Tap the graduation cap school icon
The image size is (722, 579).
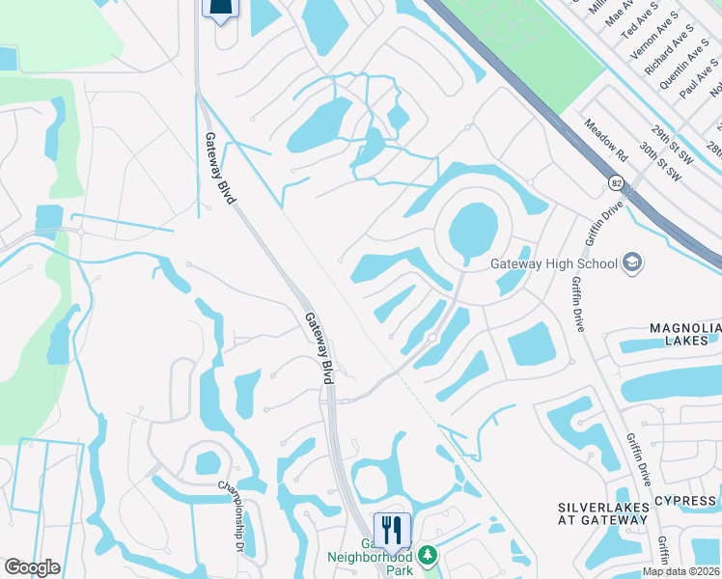click(632, 262)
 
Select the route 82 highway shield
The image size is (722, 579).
click(615, 182)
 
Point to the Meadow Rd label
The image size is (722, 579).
click(605, 140)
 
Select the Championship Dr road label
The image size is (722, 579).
click(235, 511)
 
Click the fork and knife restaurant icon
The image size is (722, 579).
click(392, 529)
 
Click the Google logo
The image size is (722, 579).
click(32, 567)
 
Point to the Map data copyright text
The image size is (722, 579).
click(680, 571)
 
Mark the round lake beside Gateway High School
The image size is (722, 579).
click(473, 229)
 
